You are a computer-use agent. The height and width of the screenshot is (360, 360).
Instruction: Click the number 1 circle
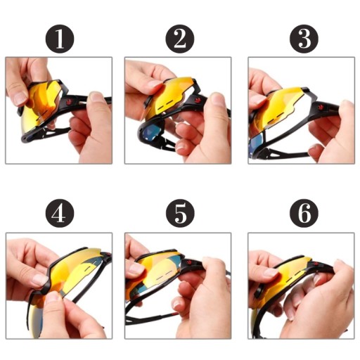(60, 39)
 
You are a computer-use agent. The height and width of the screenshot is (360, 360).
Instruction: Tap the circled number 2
(180, 39)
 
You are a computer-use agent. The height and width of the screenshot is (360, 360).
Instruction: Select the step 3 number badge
(304, 39)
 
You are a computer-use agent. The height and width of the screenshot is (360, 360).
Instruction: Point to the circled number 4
(60, 213)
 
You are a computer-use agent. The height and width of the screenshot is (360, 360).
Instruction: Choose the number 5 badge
(180, 213)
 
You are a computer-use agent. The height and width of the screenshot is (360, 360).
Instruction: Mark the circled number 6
(304, 213)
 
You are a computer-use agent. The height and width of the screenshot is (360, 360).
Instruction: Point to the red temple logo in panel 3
(320, 108)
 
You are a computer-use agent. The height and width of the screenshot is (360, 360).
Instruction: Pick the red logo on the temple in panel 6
(316, 264)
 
